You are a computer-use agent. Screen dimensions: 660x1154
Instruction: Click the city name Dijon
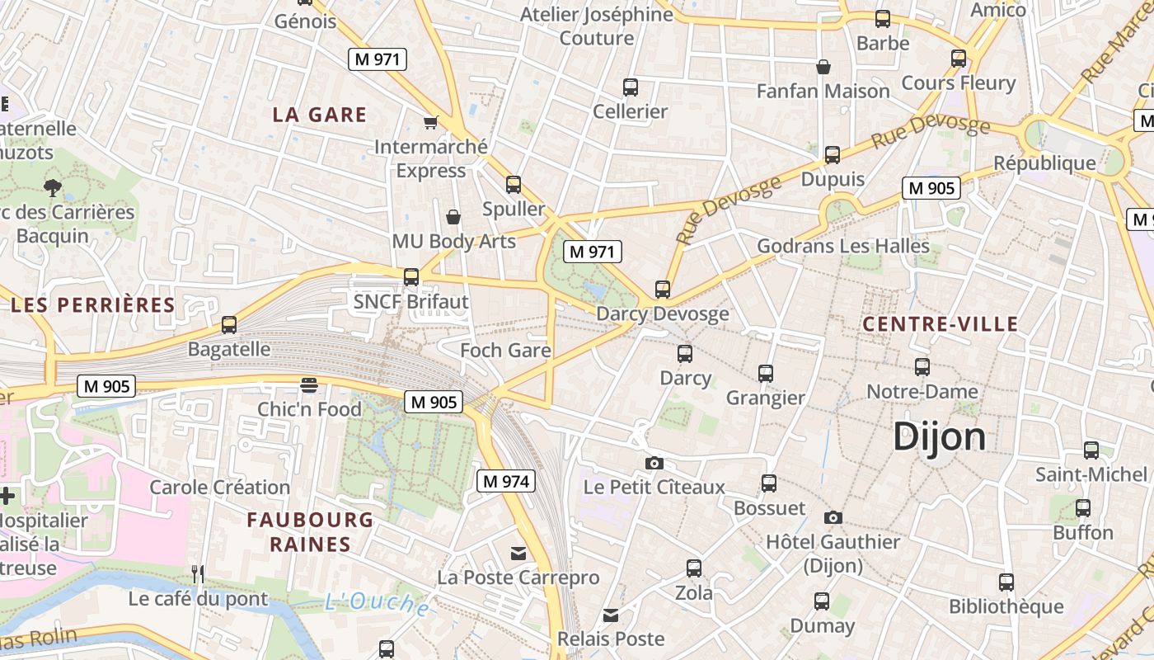click(x=939, y=436)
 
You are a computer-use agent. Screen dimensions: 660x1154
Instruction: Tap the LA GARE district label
click(x=320, y=115)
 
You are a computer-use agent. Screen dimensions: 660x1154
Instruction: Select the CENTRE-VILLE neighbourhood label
click(x=941, y=324)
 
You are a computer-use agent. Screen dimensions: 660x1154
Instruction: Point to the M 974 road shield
click(x=506, y=481)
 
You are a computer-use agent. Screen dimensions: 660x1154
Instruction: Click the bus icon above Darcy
click(x=684, y=354)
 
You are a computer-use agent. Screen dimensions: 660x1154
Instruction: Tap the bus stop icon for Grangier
click(x=766, y=374)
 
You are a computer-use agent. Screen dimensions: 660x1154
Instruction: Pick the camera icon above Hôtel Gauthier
click(x=833, y=517)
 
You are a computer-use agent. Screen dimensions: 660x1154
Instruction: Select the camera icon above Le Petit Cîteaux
click(x=654, y=463)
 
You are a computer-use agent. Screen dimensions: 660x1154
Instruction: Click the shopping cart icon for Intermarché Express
click(x=430, y=123)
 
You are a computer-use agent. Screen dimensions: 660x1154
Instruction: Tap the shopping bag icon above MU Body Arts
click(x=453, y=217)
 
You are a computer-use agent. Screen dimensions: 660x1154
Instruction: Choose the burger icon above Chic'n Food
click(x=309, y=385)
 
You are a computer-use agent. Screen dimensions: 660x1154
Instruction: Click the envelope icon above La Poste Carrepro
click(x=518, y=554)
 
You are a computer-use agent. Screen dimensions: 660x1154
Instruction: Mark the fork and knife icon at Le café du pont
click(x=197, y=574)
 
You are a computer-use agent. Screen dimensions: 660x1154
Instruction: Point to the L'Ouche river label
click(x=376, y=602)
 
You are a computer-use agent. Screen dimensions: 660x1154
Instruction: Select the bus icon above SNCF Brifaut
click(x=410, y=277)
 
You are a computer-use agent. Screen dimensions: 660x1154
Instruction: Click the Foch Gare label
click(x=505, y=351)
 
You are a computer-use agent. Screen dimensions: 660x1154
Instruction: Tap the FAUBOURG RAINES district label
click(x=310, y=532)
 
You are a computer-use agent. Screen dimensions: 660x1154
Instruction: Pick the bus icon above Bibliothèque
click(x=1006, y=582)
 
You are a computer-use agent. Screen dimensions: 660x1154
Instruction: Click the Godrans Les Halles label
click(x=843, y=246)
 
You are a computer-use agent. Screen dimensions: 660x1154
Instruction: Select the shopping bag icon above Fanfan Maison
click(x=823, y=67)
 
